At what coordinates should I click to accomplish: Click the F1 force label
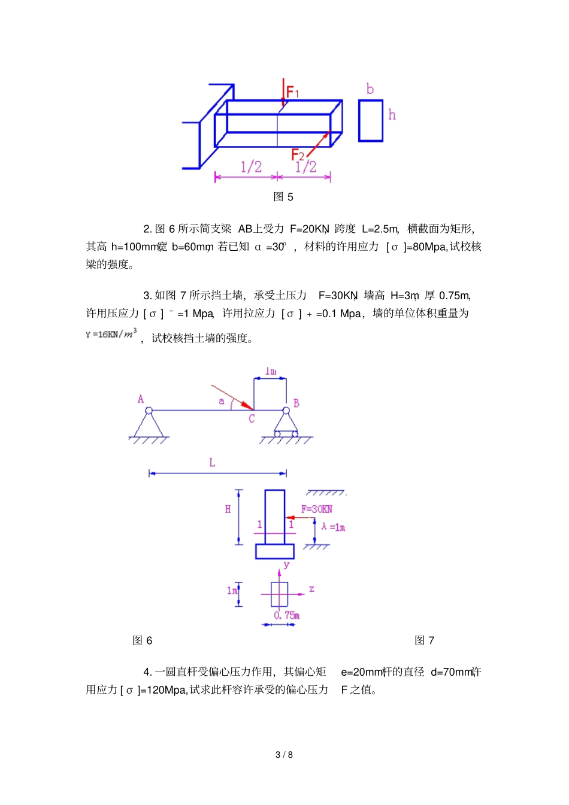(292, 92)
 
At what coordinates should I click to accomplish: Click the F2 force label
(298, 155)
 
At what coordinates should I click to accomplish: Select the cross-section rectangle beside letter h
(370, 120)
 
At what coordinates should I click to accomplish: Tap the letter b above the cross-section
(370, 89)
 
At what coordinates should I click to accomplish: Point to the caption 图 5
(283, 197)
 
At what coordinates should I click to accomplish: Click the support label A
(141, 399)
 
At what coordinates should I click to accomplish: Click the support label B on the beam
(296, 403)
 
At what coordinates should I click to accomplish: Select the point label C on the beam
(252, 419)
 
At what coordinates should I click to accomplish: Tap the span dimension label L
(212, 463)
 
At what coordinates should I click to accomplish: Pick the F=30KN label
(317, 509)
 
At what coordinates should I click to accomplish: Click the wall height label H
(228, 509)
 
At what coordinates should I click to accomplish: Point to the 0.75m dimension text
(287, 615)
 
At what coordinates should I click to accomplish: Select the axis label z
(311, 590)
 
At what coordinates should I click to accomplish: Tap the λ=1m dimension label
(333, 527)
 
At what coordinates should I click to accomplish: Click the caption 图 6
(143, 640)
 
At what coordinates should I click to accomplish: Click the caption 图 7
(425, 640)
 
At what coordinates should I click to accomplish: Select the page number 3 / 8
(284, 755)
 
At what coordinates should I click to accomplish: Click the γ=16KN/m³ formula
(111, 334)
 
